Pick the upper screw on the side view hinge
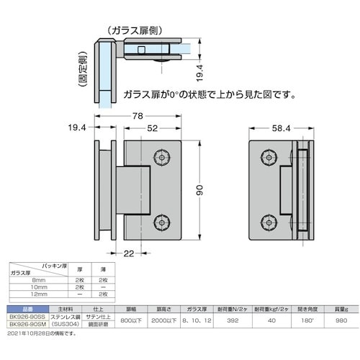[x=269, y=157]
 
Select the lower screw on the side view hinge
[x=269, y=222]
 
